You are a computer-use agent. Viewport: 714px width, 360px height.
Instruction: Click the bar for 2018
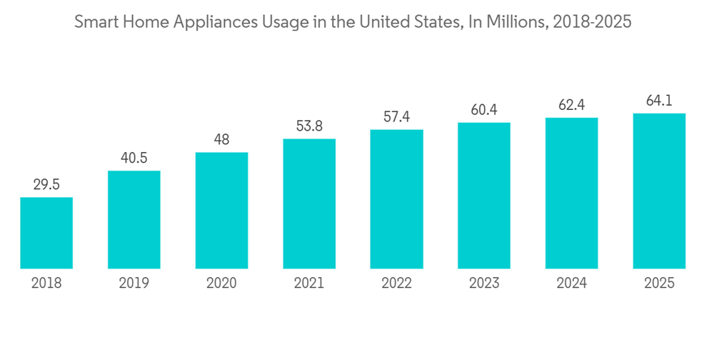coord(46,233)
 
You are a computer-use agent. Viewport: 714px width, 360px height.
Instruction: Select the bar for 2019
coord(134,220)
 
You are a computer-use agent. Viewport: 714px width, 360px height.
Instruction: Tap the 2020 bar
coord(221,211)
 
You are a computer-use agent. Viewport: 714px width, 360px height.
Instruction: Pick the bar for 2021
coord(309,204)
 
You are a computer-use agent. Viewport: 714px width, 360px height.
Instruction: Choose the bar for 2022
coord(396,199)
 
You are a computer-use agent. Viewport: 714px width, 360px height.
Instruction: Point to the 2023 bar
coord(484,196)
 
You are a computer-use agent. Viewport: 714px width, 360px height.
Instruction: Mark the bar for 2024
coord(571,193)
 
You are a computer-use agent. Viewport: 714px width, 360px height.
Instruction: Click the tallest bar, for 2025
coord(659,191)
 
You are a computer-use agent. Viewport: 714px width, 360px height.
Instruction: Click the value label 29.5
coord(46,184)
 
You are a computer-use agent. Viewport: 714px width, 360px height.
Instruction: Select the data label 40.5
coord(134,158)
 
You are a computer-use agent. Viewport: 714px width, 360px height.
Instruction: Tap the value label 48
coord(221,139)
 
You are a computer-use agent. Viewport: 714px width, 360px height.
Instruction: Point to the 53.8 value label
coord(309,126)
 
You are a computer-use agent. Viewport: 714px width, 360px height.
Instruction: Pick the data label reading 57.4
coord(396,116)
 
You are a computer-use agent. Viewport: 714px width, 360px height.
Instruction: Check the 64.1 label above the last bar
coord(659,101)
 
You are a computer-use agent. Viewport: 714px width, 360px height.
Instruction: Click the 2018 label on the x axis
coord(46,284)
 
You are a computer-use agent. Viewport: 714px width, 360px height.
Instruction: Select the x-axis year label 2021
coord(309,284)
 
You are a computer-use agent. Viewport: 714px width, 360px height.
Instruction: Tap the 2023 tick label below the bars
coord(484,284)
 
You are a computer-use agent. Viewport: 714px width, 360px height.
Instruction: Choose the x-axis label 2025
coord(659,284)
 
